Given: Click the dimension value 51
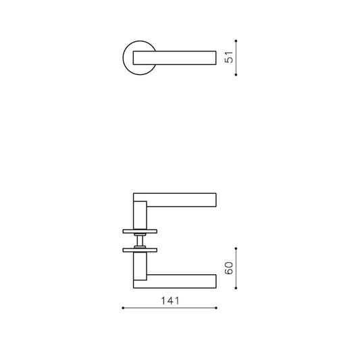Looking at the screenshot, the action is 229,57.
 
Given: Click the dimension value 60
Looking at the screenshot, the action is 229,268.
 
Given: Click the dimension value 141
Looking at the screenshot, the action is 170,301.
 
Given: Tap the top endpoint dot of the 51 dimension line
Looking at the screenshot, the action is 236,41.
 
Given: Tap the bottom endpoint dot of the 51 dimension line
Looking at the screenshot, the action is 236,74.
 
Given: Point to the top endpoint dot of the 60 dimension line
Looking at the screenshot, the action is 236,249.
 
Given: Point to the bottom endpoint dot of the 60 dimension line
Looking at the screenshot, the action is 236,288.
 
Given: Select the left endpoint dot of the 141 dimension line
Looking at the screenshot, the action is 123,308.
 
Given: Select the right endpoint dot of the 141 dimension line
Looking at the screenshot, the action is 216,308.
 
